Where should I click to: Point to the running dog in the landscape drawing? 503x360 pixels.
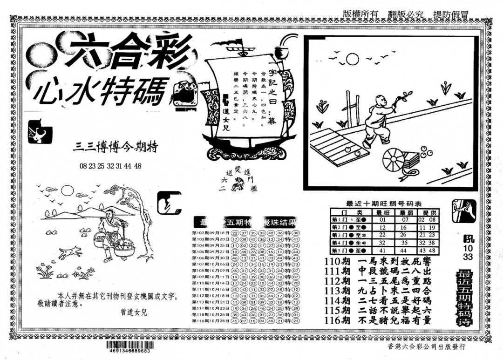70,252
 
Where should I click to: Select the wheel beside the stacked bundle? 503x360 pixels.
393,161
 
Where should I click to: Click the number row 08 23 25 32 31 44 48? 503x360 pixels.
110,165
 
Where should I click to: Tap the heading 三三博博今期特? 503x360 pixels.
116,148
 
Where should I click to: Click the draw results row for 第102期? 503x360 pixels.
245,233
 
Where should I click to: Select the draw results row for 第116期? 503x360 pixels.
245,321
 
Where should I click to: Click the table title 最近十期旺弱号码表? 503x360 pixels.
384,203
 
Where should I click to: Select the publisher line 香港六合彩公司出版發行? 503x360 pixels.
426,347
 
